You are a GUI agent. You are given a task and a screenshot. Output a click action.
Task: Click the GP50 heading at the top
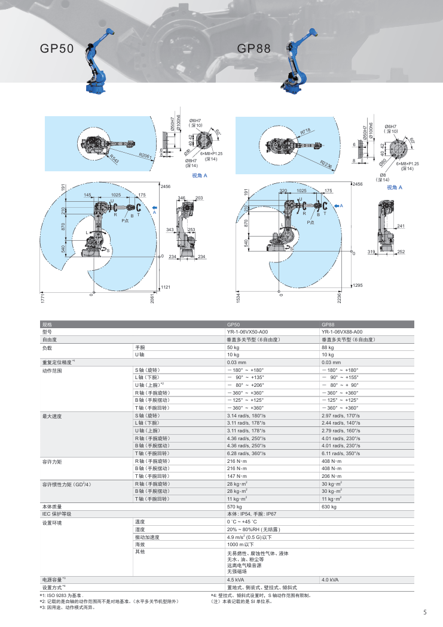(57, 49)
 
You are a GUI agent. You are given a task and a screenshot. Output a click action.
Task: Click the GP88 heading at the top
(254, 49)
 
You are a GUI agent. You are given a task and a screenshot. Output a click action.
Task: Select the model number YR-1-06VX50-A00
(247, 331)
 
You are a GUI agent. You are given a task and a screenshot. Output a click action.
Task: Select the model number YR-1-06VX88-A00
(341, 331)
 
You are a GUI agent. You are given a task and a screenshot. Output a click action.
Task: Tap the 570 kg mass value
(233, 507)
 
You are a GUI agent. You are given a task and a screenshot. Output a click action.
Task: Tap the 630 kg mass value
(329, 507)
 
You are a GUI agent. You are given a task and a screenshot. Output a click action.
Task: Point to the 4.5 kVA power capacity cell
(235, 580)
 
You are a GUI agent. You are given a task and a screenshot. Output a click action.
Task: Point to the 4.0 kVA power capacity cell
(330, 580)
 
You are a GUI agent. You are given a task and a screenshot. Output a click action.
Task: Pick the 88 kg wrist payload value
(328, 347)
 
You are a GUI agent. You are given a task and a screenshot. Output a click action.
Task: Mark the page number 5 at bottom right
(424, 612)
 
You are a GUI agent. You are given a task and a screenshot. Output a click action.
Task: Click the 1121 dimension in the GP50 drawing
(166, 287)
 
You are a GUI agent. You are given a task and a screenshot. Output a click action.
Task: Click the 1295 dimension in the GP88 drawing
(358, 285)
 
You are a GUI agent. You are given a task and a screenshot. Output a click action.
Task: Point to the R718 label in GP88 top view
(305, 131)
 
